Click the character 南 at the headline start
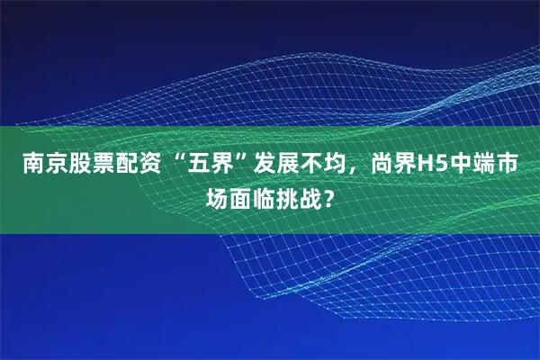click(33, 166)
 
